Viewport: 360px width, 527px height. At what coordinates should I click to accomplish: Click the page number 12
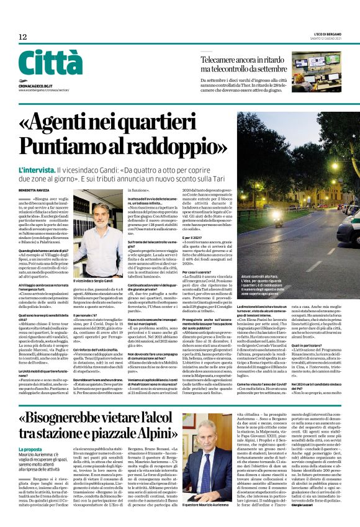point(22,37)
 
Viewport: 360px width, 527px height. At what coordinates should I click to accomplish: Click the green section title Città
point(50,63)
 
